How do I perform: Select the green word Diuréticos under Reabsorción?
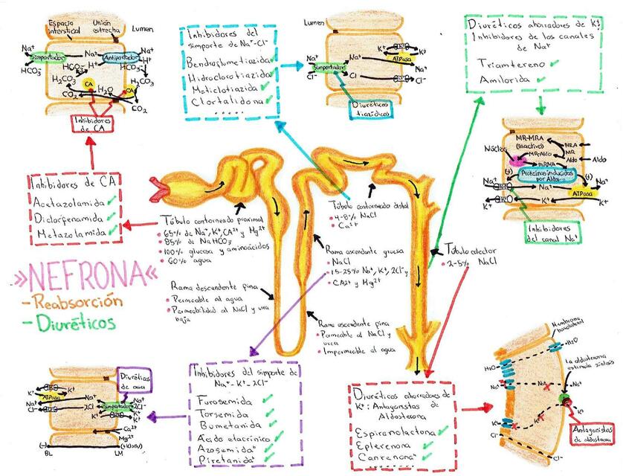69,323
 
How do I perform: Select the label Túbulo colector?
471,250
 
